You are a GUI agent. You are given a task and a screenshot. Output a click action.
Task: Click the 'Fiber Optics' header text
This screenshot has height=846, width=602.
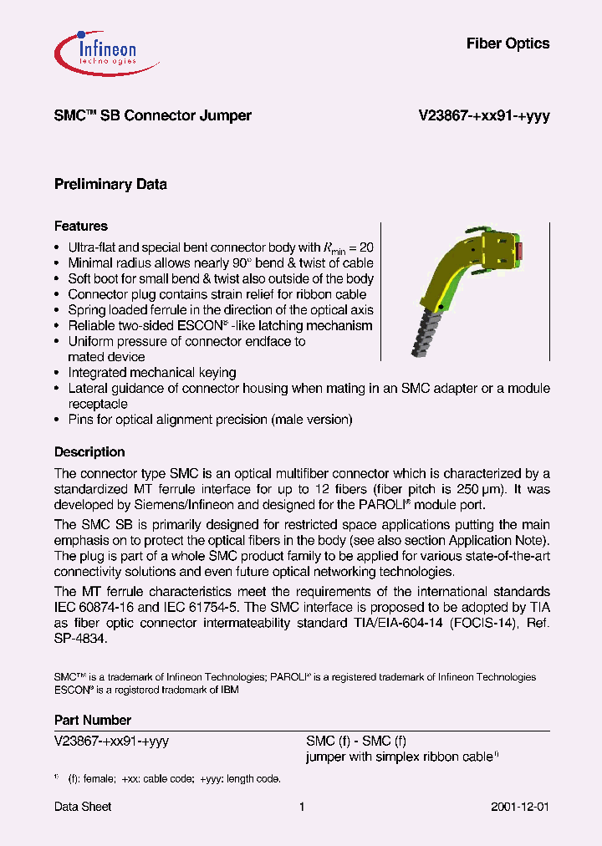[508, 43]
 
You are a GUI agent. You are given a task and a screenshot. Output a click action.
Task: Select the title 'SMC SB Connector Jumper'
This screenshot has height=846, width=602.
[152, 116]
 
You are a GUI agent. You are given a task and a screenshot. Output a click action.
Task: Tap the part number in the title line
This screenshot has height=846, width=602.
[483, 116]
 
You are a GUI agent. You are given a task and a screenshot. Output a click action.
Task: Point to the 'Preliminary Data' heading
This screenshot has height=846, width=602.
[110, 184]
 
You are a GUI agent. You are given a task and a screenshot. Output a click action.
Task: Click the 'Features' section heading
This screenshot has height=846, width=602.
[81, 226]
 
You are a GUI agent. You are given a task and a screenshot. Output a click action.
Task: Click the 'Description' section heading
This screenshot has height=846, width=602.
[89, 452]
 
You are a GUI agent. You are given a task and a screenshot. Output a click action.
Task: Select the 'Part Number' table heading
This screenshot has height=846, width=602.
[93, 720]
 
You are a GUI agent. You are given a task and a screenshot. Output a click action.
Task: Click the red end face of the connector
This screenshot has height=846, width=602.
[520, 250]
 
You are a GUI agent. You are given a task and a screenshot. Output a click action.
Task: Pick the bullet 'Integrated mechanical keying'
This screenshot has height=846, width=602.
[151, 373]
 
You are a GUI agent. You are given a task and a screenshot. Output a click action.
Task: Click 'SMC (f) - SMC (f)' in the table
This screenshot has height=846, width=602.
[356, 741]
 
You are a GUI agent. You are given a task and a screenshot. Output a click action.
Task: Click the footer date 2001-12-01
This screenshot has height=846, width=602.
[519, 807]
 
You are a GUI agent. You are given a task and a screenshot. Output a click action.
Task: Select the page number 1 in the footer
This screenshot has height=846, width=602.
[301, 807]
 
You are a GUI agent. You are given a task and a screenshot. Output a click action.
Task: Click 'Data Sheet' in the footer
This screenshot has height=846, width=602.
[83, 807]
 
